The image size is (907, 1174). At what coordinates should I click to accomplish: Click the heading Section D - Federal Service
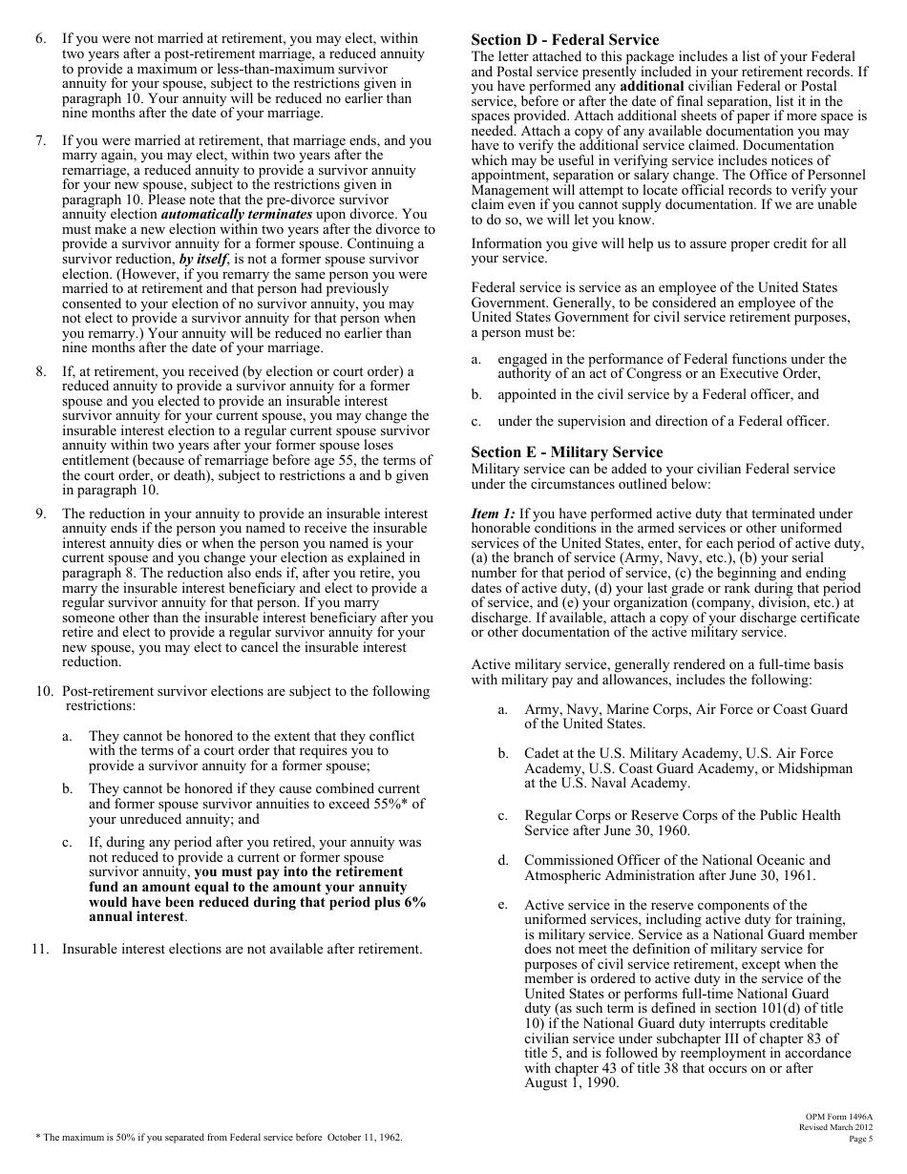564,40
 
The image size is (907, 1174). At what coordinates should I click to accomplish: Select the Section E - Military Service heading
567,452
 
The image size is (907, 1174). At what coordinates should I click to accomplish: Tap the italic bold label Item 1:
493,514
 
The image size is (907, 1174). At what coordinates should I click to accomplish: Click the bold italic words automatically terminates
256,215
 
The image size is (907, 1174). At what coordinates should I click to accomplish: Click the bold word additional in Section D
651,86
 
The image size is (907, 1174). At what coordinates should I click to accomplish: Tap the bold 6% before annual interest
411,902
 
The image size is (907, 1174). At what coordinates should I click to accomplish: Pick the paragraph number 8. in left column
41,371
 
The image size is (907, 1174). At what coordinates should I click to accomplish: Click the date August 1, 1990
572,1083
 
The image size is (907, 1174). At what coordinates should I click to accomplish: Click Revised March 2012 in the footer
835,1127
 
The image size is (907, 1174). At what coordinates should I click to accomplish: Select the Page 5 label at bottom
860,1139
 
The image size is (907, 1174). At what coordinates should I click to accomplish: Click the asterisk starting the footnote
38,1138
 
